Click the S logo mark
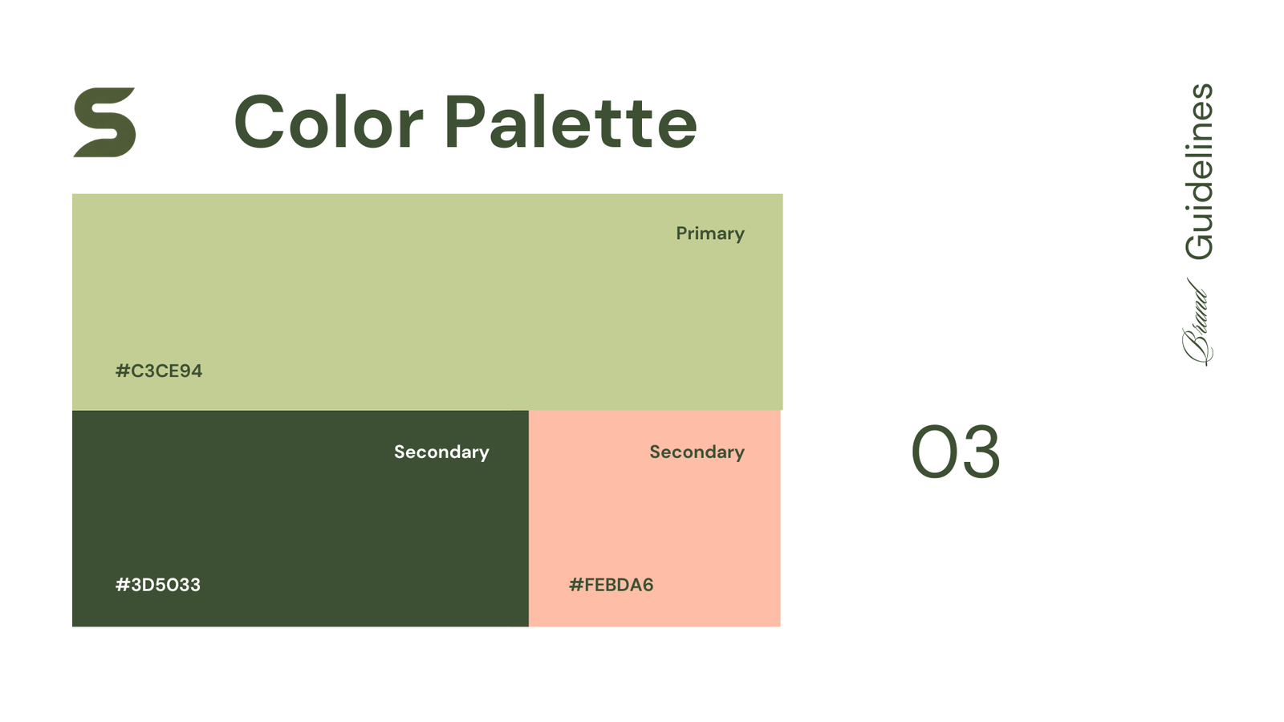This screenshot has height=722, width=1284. [x=104, y=122]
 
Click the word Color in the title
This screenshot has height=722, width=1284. [x=328, y=123]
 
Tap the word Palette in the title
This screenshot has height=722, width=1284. [x=570, y=123]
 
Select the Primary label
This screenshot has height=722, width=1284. [x=710, y=233]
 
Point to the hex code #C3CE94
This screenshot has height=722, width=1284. [x=159, y=371]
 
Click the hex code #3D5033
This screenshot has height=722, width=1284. [x=158, y=585]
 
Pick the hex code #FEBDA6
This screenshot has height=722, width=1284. [x=612, y=585]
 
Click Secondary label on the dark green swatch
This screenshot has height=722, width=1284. [x=441, y=452]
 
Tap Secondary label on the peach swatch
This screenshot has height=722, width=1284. [x=697, y=452]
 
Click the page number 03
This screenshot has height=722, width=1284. [x=956, y=453]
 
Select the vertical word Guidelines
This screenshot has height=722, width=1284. [x=1200, y=172]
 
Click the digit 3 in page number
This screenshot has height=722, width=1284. [x=980, y=453]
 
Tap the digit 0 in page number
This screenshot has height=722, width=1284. [x=933, y=453]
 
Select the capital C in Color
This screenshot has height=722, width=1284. [x=258, y=123]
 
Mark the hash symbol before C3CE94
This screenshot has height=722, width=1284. [x=123, y=371]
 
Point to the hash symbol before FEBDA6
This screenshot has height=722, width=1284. [x=575, y=585]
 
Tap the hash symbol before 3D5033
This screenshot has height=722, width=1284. [x=123, y=585]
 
